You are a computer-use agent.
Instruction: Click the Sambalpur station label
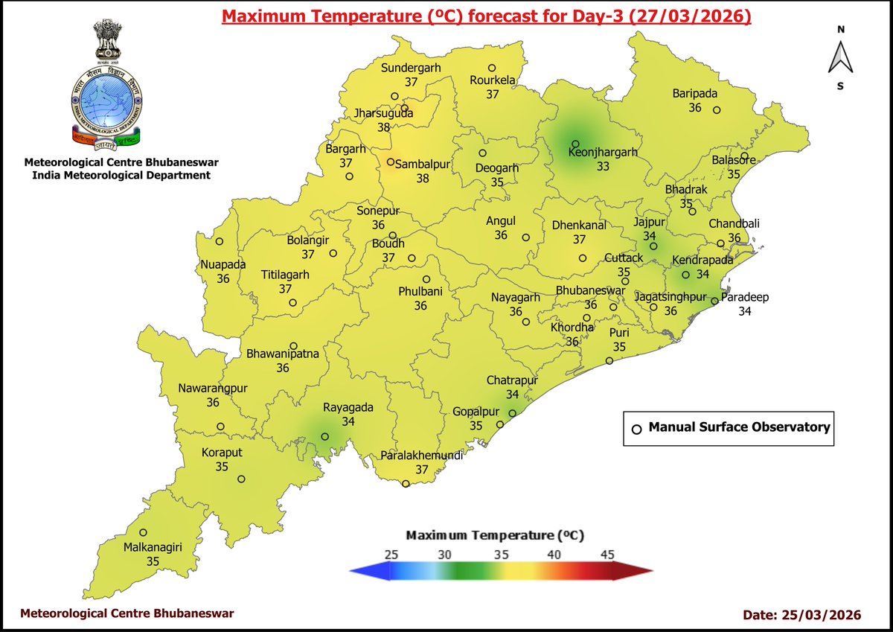423,165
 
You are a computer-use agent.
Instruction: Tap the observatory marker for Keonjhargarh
575,144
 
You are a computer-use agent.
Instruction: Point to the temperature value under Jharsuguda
384,127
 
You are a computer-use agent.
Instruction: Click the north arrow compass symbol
840,57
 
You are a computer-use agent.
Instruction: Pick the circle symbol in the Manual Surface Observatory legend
636,429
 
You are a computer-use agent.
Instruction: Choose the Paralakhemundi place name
421,456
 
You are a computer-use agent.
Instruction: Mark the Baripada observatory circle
717,110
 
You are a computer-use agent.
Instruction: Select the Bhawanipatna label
283,354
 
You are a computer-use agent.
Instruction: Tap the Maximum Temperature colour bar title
495,535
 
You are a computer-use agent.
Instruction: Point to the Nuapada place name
223,264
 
